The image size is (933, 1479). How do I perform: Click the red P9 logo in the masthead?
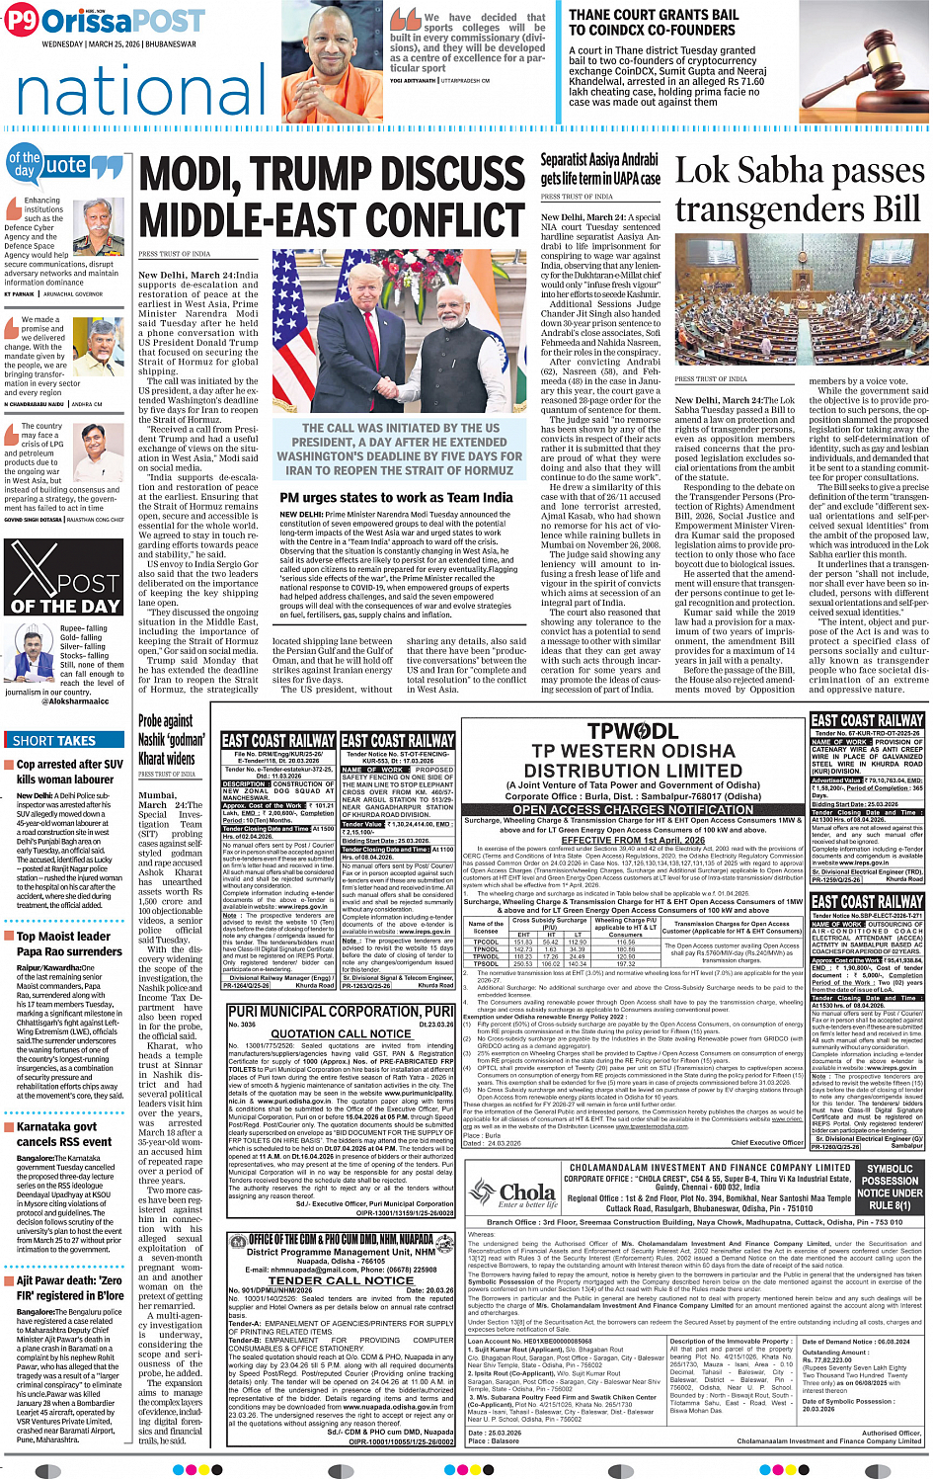pyautogui.click(x=21, y=20)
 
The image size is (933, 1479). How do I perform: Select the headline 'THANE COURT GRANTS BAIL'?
pyautogui.click(x=653, y=15)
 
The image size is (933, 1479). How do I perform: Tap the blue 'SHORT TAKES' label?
pyautogui.click(x=54, y=740)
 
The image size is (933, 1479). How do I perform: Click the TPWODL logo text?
pyautogui.click(x=632, y=731)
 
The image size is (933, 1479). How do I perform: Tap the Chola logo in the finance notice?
pyautogui.click(x=514, y=1193)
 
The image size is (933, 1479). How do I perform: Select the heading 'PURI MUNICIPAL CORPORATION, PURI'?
pyautogui.click(x=341, y=1012)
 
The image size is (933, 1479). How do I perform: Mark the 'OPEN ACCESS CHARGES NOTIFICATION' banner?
pyautogui.click(x=633, y=809)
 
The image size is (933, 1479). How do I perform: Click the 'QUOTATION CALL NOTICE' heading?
pyautogui.click(x=341, y=1033)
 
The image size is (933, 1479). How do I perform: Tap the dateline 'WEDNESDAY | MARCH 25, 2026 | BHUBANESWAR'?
pyautogui.click(x=118, y=44)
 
